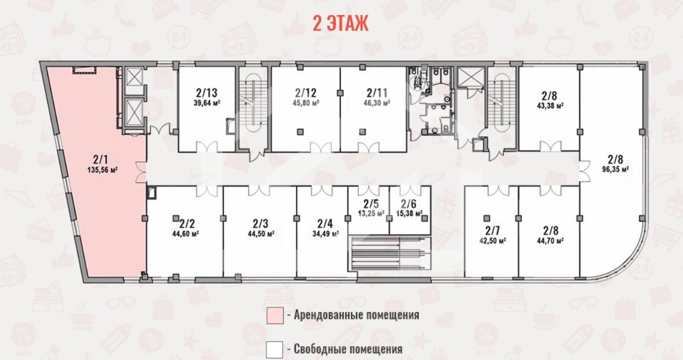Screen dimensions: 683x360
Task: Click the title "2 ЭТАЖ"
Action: pyautogui.click(x=340, y=23)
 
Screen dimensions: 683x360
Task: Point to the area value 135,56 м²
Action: pyautogui.click(x=102, y=170)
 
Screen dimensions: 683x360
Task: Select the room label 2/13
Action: pyautogui.click(x=206, y=93)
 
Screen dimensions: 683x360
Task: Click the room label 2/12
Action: pyautogui.click(x=306, y=93)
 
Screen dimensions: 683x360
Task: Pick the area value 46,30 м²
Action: pyautogui.click(x=377, y=103)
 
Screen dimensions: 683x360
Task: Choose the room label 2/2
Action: pyautogui.click(x=187, y=224)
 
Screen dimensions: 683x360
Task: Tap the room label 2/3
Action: pyautogui.click(x=261, y=224)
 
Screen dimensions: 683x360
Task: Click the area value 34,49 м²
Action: pyautogui.click(x=325, y=234)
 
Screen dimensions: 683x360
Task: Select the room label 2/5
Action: pyautogui.click(x=371, y=203)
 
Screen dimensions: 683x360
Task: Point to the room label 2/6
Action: pyautogui.click(x=409, y=203)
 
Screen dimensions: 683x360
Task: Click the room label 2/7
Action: pyautogui.click(x=492, y=231)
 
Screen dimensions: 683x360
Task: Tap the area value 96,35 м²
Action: pyautogui.click(x=615, y=169)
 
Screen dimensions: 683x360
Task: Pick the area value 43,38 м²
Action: pyautogui.click(x=550, y=106)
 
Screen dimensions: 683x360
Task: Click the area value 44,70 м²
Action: pyautogui.click(x=551, y=241)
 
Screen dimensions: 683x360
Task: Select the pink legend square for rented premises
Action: pyautogui.click(x=275, y=315)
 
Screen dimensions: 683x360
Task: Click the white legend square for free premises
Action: pyautogui.click(x=274, y=350)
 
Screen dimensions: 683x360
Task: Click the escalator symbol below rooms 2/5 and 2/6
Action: pyautogui.click(x=389, y=254)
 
